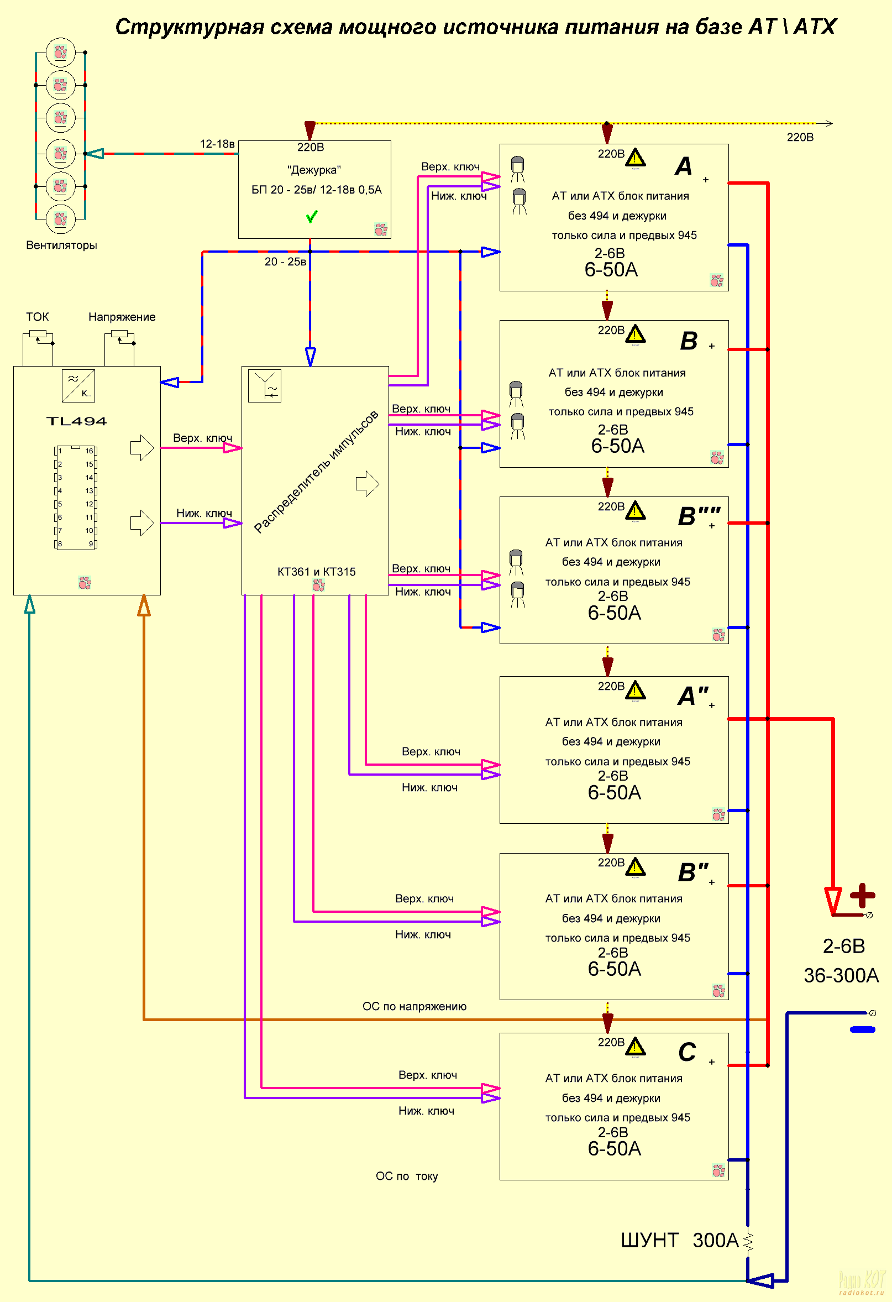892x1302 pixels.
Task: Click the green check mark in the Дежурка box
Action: click(x=312, y=216)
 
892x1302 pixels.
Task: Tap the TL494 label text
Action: click(x=76, y=421)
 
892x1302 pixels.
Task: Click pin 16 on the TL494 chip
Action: click(x=90, y=451)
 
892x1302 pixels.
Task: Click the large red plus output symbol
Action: click(x=862, y=895)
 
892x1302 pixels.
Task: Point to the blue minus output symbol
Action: click(x=862, y=1029)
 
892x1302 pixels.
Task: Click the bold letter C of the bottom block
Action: click(x=687, y=1052)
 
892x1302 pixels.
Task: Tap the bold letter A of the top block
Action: click(x=684, y=166)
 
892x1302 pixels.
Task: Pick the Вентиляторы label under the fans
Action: click(x=61, y=245)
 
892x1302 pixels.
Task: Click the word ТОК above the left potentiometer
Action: click(x=38, y=317)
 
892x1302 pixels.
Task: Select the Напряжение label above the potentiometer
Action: click(x=122, y=317)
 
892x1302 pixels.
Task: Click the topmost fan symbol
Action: click(x=60, y=53)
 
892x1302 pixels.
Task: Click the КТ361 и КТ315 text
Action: click(x=316, y=572)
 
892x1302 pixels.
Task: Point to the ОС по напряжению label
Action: click(x=414, y=1006)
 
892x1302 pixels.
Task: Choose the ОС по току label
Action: click(x=407, y=1176)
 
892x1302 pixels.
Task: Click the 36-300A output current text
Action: click(x=841, y=975)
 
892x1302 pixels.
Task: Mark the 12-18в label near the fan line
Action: click(x=217, y=144)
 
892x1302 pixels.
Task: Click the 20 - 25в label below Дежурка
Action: click(x=286, y=262)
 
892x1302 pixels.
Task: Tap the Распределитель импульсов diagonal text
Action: click(x=316, y=472)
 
